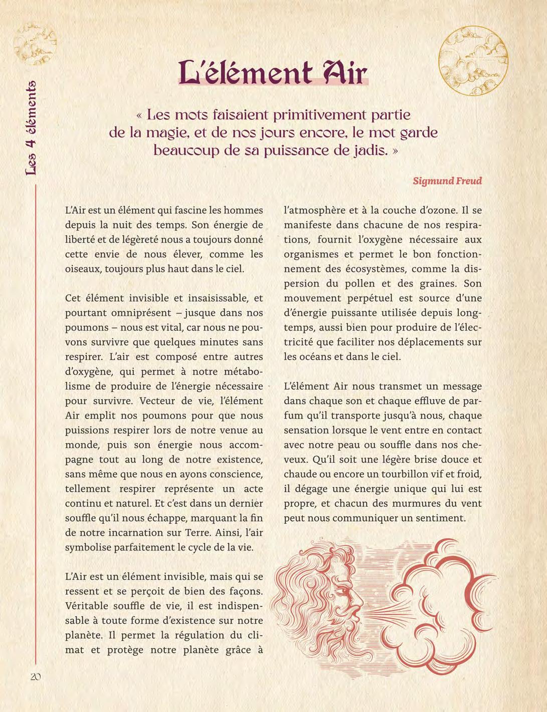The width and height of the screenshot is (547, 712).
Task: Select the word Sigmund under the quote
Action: click(x=432, y=181)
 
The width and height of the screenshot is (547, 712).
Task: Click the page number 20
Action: click(x=35, y=676)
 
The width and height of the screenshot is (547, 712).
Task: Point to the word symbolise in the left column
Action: click(x=87, y=546)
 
